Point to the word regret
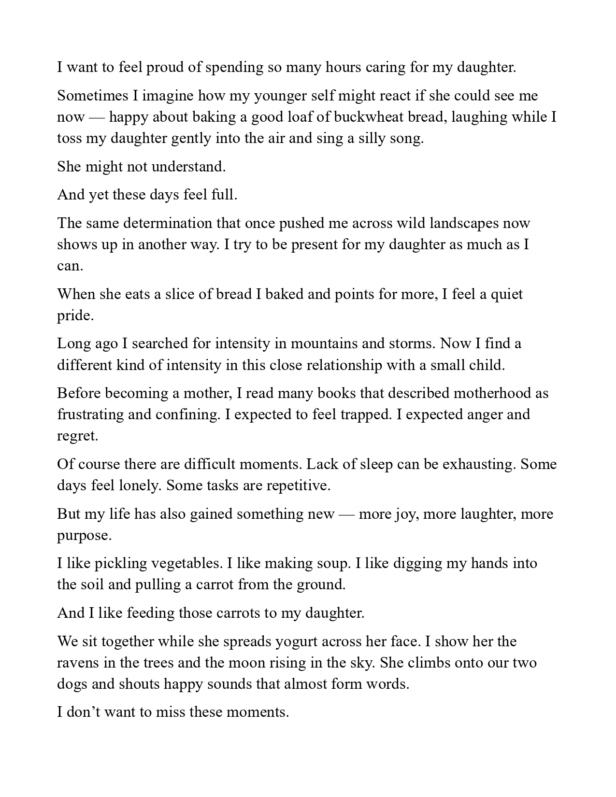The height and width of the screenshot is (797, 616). (x=77, y=436)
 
